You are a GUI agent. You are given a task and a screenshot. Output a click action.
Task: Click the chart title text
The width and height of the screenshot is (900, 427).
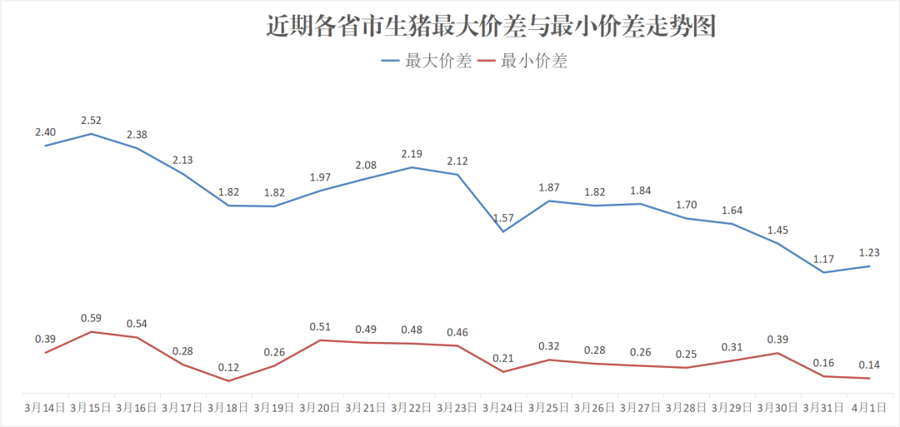[492, 27]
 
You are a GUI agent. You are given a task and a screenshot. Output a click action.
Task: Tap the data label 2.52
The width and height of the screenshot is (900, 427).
[91, 121]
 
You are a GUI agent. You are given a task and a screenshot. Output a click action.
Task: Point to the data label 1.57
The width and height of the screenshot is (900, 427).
[503, 218]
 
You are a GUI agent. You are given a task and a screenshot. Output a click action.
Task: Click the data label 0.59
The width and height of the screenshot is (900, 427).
[91, 318]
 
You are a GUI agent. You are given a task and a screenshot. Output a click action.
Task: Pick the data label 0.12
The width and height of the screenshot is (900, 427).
[228, 367]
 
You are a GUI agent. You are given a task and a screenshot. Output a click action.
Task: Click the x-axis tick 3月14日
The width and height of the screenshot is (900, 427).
[45, 408]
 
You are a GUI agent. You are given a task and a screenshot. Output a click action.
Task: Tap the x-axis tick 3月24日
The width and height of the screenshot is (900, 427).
[503, 408]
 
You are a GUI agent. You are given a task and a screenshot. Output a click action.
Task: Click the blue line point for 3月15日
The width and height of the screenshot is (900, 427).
[91, 133]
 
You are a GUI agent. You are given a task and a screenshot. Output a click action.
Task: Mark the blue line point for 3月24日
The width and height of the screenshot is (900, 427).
[503, 231]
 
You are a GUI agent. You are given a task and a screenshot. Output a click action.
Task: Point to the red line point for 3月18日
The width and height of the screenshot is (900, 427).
[228, 381]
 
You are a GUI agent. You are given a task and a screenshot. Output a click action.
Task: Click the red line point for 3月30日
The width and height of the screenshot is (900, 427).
[778, 353]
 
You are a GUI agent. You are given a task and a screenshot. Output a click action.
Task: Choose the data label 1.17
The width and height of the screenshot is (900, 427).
[824, 260]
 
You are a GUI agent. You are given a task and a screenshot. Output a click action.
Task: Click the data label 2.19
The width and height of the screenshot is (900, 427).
[412, 154]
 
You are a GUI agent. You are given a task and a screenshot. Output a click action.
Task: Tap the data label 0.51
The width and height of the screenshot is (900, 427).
[320, 327]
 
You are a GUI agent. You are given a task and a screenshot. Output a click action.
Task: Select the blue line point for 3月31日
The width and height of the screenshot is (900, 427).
[824, 272]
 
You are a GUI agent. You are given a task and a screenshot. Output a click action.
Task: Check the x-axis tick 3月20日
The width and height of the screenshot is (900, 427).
[320, 408]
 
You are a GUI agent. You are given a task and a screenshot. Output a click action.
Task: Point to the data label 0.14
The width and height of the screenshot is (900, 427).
[870, 365]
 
